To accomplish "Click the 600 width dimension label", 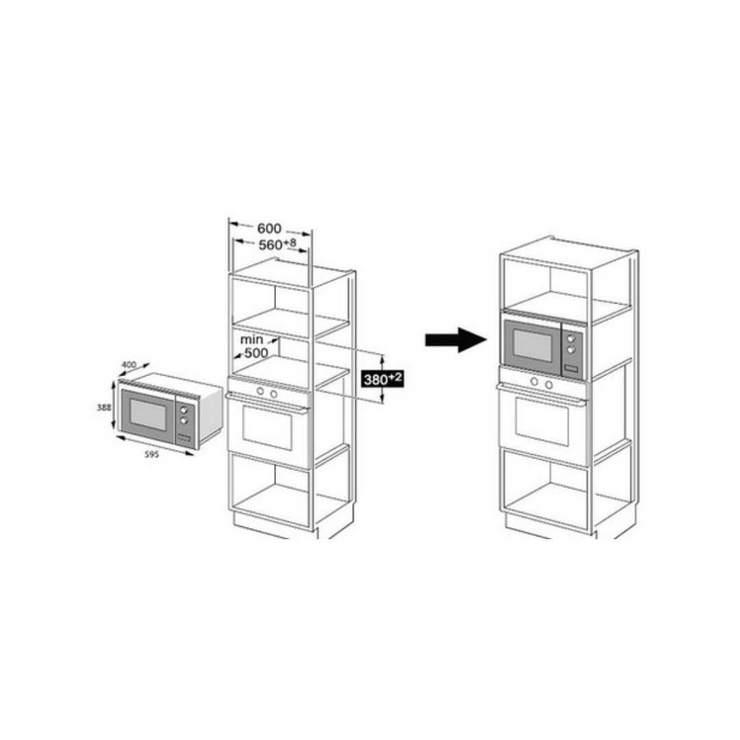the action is (269, 228).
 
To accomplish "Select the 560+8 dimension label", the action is (277, 245).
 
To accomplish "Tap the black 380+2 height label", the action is (383, 378).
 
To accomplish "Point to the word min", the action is (251, 339).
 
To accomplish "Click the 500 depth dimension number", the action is (256, 353).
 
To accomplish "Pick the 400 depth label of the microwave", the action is (128, 365).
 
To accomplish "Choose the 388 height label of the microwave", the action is (104, 407).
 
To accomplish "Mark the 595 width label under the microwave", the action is (151, 454).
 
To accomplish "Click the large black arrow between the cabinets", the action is (456, 340).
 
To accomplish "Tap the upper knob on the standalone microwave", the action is (184, 410).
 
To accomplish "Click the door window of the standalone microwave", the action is (148, 415).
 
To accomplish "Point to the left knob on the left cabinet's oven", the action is (260, 391).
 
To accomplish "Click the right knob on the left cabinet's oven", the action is (273, 393).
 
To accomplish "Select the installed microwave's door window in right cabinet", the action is (533, 345).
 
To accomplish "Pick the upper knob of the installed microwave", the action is (571, 338).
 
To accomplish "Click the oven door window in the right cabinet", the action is (542, 421).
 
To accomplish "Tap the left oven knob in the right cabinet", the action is (534, 382).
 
